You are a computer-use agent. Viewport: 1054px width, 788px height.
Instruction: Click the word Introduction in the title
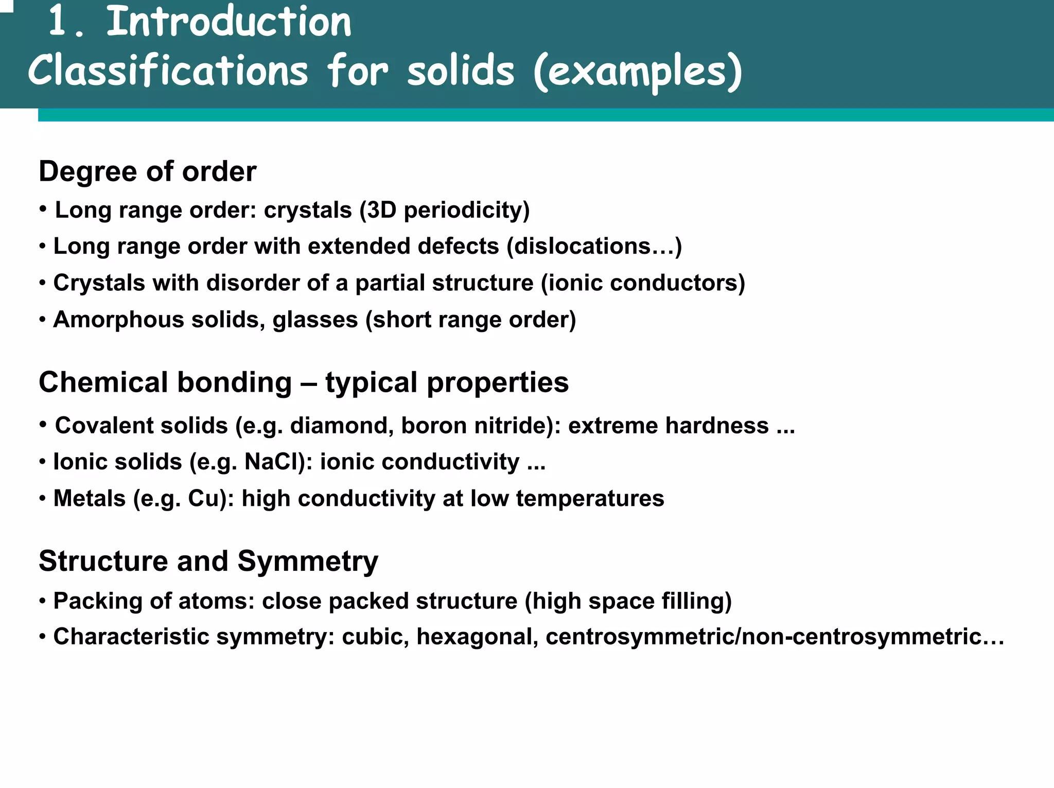click(x=229, y=23)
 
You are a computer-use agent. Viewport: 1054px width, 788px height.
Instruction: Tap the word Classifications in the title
click(x=168, y=71)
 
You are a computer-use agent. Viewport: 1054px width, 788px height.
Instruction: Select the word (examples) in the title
click(x=638, y=71)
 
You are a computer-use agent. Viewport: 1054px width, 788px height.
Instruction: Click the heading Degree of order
click(x=147, y=171)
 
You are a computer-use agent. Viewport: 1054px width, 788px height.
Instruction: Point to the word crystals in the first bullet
click(x=308, y=210)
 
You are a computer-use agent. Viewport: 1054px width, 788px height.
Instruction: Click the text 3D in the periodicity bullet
click(x=381, y=210)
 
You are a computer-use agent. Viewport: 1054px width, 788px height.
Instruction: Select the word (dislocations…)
click(x=594, y=246)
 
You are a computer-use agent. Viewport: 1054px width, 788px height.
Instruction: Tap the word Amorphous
click(x=118, y=320)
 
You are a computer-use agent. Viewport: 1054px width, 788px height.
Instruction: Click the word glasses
click(x=315, y=320)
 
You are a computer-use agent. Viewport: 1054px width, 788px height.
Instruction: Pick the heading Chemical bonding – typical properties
click(x=304, y=382)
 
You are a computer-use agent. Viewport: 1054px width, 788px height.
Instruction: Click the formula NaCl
click(x=275, y=462)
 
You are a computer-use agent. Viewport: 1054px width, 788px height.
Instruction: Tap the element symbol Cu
click(x=204, y=499)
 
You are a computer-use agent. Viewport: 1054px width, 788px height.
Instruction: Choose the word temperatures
click(x=590, y=499)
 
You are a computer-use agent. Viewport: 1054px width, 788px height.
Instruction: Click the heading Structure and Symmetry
click(x=208, y=561)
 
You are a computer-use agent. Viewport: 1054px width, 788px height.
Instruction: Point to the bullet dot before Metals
click(x=43, y=498)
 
